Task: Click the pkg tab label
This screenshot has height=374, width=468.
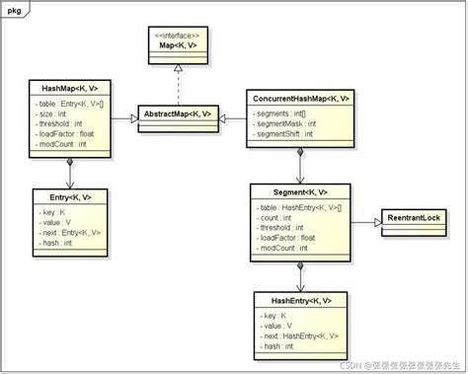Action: [16, 10]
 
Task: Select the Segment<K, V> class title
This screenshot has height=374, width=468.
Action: [300, 191]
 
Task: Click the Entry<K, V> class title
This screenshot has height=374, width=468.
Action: [68, 198]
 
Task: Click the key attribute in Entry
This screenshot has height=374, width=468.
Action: [55, 212]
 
